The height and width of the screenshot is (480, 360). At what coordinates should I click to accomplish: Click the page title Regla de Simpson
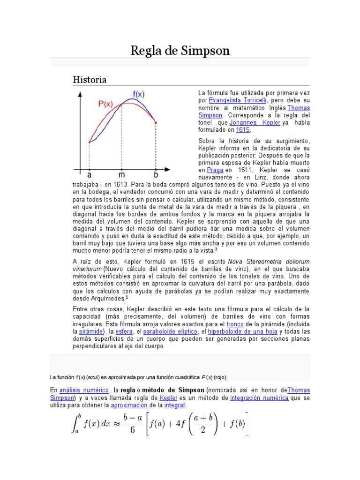click(x=180, y=50)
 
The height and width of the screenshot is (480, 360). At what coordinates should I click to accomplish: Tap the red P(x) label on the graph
click(x=105, y=104)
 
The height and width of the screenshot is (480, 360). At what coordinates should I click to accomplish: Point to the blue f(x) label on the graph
click(x=138, y=94)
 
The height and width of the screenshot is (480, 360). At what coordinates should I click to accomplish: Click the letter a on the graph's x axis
click(x=90, y=175)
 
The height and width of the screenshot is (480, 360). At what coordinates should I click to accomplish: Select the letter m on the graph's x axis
click(x=122, y=175)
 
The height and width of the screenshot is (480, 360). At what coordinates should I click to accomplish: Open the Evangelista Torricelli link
click(x=238, y=100)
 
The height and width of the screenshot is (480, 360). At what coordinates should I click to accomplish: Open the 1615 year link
click(x=243, y=130)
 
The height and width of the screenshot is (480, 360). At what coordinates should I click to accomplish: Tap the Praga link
click(x=215, y=170)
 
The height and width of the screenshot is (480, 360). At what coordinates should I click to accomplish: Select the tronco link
click(x=234, y=324)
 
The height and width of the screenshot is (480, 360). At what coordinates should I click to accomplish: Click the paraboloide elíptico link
click(x=167, y=331)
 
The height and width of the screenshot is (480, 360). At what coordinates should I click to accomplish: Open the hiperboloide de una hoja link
click(x=237, y=331)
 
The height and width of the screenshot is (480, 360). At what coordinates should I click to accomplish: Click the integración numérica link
click(x=259, y=397)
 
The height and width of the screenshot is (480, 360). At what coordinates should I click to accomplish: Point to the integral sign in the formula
click(x=74, y=425)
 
